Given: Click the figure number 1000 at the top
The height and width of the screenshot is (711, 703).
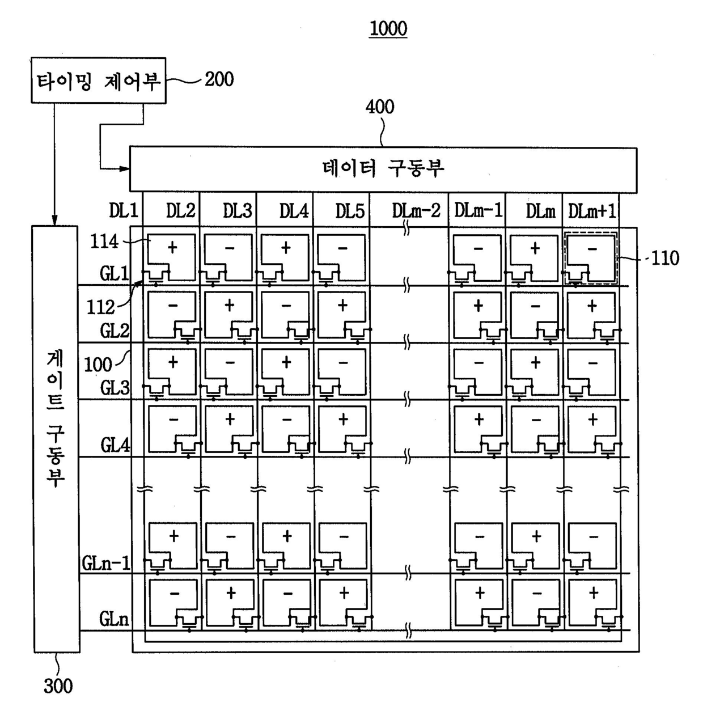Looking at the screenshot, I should pyautogui.click(x=388, y=28).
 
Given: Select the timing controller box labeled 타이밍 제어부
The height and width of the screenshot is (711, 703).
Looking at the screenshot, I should pyautogui.click(x=98, y=81).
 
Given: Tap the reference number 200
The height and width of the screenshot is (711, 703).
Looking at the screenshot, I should pyautogui.click(x=219, y=79).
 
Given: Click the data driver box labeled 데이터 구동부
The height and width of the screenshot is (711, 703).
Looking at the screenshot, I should pyautogui.click(x=383, y=169).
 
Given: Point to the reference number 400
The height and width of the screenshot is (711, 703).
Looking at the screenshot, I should pyautogui.click(x=379, y=107).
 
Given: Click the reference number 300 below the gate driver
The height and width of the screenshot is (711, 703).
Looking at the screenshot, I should pyautogui.click(x=58, y=687).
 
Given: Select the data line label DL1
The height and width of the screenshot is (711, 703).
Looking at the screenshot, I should pyautogui.click(x=123, y=211).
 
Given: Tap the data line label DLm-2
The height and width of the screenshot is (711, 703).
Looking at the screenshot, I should pyautogui.click(x=416, y=211).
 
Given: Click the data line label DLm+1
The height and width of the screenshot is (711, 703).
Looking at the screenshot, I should pyautogui.click(x=592, y=211).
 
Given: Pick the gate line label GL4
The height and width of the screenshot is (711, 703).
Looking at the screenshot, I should pyautogui.click(x=115, y=446).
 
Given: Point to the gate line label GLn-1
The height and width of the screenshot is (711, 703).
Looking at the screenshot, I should pyautogui.click(x=106, y=563).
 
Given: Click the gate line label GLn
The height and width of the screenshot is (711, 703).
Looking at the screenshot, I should pyautogui.click(x=114, y=619).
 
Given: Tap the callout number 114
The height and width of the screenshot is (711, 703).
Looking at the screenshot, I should pyautogui.click(x=104, y=242).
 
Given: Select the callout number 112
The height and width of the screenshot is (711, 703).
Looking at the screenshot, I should pyautogui.click(x=100, y=307).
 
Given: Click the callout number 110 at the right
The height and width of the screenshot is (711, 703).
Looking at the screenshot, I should pyautogui.click(x=665, y=259).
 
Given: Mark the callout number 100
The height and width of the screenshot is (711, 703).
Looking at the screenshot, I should pyautogui.click(x=98, y=365).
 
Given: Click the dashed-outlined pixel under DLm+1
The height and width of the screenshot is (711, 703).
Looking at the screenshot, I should pyautogui.click(x=591, y=258).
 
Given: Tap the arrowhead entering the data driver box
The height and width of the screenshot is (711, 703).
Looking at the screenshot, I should pyautogui.click(x=125, y=168).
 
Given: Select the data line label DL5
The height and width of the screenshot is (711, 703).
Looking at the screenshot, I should pyautogui.click(x=349, y=211).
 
